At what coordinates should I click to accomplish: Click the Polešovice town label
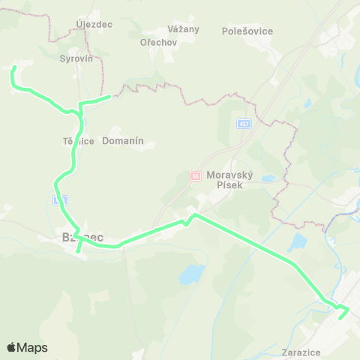point(247,31)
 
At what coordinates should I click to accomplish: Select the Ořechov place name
point(157,42)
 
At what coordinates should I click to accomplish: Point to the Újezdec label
point(94,24)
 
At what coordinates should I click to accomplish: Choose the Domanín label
point(123,140)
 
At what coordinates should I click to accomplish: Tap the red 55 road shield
point(195,176)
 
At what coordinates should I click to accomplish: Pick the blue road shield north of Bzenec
point(61,199)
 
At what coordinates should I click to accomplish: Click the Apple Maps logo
point(27,347)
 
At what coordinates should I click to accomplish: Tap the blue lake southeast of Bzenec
point(192,274)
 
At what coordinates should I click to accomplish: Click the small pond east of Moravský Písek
point(268,178)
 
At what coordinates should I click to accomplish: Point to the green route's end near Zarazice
point(340,318)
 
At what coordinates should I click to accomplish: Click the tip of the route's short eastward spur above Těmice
point(110,96)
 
